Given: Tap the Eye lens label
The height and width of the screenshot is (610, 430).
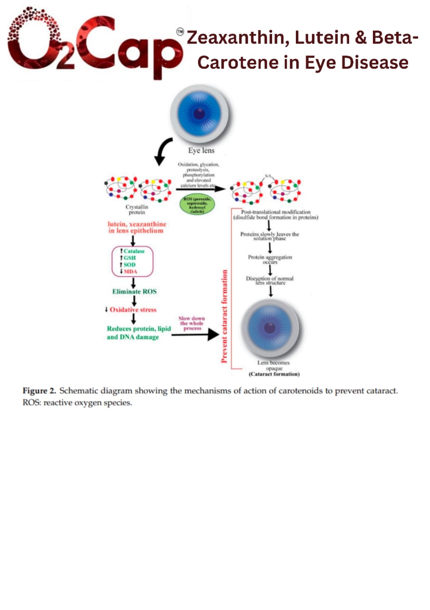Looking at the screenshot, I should click(201, 151).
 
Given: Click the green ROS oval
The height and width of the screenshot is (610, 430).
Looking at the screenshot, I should click(197, 204).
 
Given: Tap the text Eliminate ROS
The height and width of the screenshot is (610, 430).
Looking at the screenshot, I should click(135, 291).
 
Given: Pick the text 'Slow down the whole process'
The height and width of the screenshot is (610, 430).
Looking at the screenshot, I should click(192, 323).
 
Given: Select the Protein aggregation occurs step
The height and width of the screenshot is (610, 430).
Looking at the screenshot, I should click(270, 259).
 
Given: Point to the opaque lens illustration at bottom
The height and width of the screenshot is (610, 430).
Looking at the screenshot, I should click(270, 328).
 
